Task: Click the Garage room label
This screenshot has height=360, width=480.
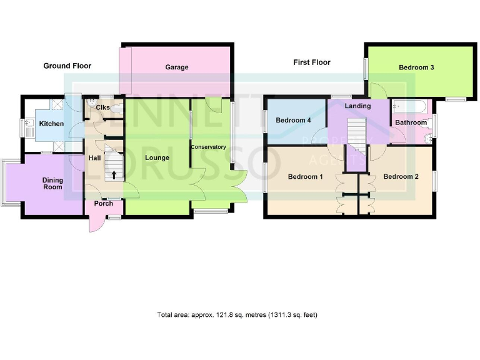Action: pos(177,67)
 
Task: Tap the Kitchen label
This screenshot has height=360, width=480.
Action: pos(51,124)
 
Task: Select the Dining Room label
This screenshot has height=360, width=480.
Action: pos(52,184)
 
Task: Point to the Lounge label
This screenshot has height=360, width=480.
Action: pos(157,157)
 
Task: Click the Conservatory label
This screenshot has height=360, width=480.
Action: pos(208,147)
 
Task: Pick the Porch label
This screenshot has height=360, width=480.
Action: pos(104,203)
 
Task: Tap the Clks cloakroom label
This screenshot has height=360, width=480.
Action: pos(103,108)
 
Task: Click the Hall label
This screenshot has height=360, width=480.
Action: pos(94,158)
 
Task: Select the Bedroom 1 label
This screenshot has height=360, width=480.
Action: pos(305,177)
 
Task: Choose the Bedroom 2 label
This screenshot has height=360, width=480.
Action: pos(401,177)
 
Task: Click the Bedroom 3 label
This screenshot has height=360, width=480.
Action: pos(417,67)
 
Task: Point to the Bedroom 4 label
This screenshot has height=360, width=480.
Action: pos(293,120)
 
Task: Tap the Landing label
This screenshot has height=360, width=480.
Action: pos(357,106)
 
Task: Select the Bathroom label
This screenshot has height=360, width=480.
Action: pos(410,123)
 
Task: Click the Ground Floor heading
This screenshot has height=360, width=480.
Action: pos(67,66)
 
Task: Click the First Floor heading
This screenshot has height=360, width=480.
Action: pos(312,62)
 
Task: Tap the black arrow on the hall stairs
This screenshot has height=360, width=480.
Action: pos(114,174)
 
